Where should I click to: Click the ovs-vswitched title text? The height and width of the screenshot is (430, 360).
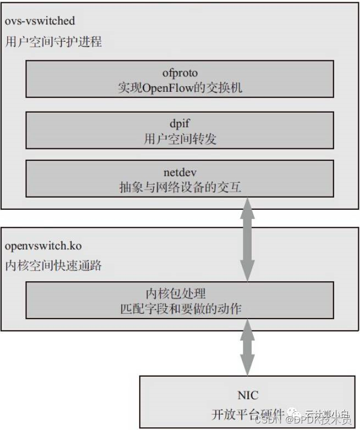(x=40, y=22)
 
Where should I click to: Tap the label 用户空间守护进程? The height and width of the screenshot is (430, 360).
(x=53, y=42)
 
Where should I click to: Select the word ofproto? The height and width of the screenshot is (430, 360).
(x=179, y=72)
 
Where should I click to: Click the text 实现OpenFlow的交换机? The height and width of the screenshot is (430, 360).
(x=179, y=88)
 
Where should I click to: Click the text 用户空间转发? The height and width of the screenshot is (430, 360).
(x=179, y=139)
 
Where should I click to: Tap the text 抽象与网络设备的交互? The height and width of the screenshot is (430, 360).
(x=179, y=187)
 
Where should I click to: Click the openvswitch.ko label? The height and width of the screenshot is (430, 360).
(x=43, y=245)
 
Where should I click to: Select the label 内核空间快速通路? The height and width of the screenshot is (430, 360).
(x=53, y=266)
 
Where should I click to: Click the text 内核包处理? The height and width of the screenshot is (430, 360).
(x=179, y=292)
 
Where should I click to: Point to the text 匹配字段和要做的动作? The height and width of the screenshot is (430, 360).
(x=179, y=309)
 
